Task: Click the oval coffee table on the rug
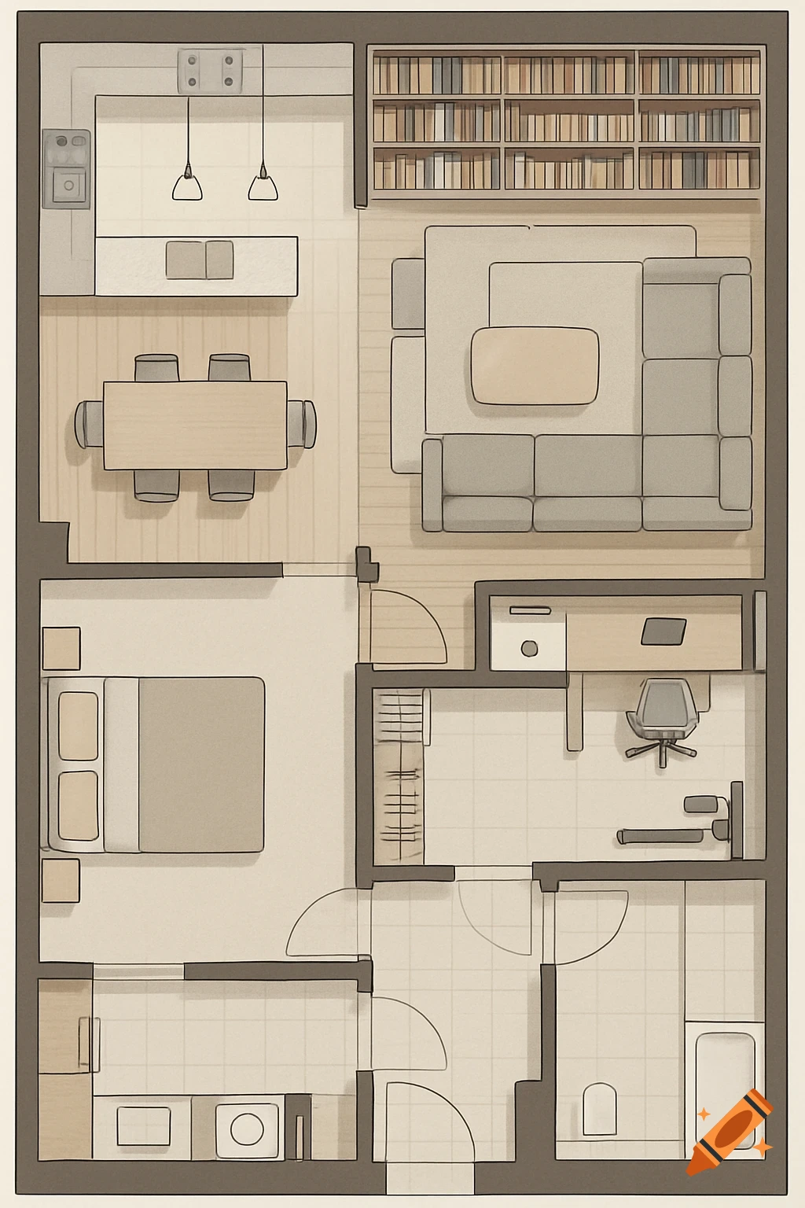535,366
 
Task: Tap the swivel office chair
664,716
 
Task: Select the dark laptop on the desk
663,631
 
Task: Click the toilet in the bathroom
599,1109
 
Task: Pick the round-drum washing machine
247,1129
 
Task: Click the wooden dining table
195,425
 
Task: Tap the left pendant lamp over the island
187,185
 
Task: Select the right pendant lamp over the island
263,185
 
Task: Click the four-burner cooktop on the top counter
210,70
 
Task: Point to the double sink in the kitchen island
200,260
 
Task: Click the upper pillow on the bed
79,726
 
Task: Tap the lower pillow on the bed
79,805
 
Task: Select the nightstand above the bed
61,648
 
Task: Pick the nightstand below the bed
61,880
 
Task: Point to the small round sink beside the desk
529,648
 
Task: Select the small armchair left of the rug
408,293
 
